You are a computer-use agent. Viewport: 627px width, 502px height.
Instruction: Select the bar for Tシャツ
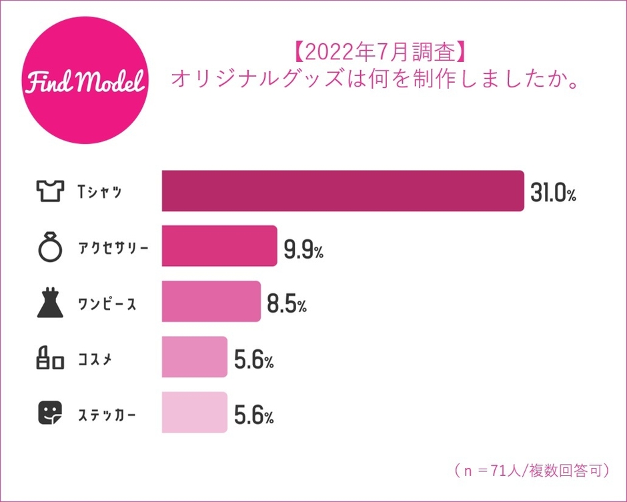click(342, 192)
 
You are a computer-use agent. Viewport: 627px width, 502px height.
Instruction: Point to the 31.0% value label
click(552, 193)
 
